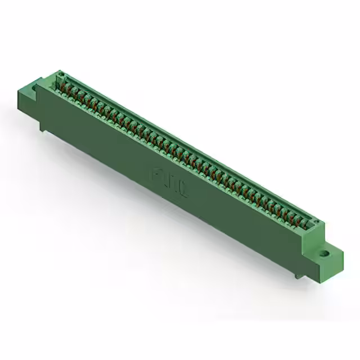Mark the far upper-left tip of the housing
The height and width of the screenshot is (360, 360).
pos(58,71)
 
